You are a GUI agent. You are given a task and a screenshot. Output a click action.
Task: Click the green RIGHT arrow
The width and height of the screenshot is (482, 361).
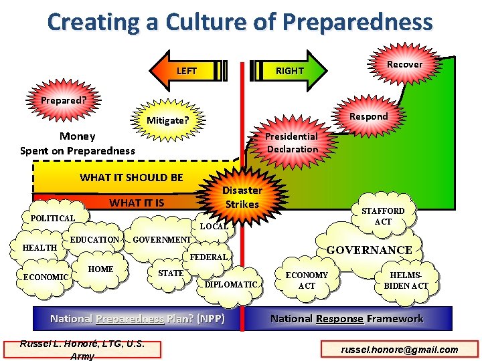click(288, 70)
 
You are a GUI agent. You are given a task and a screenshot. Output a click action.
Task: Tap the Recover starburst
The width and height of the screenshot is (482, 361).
click(404, 64)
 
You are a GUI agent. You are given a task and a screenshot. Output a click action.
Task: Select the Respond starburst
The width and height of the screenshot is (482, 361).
click(368, 116)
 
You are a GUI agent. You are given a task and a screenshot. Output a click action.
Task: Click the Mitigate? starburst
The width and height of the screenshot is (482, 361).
click(167, 121)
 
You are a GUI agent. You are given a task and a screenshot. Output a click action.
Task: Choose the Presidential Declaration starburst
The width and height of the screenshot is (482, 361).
click(291, 142)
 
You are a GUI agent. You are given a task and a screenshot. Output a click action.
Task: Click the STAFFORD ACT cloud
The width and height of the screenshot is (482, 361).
click(383, 216)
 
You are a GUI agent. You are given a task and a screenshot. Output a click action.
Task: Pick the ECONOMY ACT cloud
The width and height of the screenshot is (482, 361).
click(307, 280)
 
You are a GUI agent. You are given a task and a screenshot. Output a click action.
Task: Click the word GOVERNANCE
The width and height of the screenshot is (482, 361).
click(369, 250)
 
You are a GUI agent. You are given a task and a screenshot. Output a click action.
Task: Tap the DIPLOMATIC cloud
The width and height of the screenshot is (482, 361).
click(231, 284)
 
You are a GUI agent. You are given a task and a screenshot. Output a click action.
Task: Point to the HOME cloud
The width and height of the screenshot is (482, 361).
click(100, 269)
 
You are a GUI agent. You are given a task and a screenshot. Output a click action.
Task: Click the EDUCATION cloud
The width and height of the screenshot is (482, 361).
click(94, 239)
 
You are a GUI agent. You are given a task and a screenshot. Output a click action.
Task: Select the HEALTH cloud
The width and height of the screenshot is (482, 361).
click(39, 248)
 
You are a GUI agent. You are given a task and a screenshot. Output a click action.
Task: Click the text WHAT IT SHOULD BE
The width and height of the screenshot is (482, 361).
click(131, 177)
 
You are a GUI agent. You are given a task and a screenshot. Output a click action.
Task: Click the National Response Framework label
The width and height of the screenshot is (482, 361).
click(346, 318)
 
